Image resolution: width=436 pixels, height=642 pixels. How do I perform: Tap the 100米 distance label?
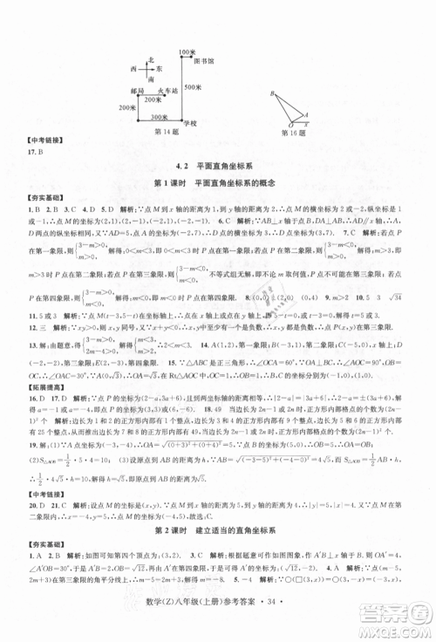point(185,52)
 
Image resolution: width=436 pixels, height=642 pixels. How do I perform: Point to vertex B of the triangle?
point(272,92)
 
